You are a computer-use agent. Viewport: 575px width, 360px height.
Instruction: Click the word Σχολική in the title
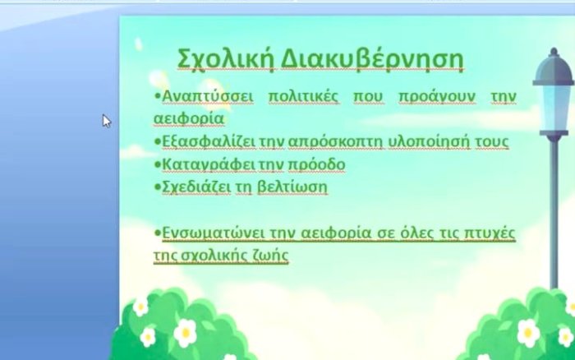pyautogui.click(x=226, y=59)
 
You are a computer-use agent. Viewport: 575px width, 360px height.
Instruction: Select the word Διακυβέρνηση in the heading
pyautogui.click(x=372, y=59)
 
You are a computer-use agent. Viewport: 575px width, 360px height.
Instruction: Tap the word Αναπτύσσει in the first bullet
pyautogui.click(x=208, y=97)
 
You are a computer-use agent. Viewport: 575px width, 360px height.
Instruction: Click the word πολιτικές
pyautogui.click(x=304, y=97)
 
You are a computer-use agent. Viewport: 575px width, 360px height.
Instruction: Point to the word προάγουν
pyautogui.click(x=437, y=98)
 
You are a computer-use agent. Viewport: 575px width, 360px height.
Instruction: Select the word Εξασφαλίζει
pyautogui.click(x=209, y=142)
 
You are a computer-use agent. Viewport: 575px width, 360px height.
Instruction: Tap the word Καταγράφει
pyautogui.click(x=209, y=165)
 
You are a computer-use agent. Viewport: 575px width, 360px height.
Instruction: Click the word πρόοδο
pyautogui.click(x=316, y=165)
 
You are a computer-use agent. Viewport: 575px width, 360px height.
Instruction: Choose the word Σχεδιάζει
pyautogui.click(x=196, y=187)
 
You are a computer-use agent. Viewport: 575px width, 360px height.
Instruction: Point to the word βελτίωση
pyautogui.click(x=292, y=187)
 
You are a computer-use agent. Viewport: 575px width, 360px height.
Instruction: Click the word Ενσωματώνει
pyautogui.click(x=214, y=233)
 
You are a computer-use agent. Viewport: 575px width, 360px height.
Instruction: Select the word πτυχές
pyautogui.click(x=490, y=234)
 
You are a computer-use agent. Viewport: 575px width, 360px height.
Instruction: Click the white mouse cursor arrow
pyautogui.click(x=107, y=121)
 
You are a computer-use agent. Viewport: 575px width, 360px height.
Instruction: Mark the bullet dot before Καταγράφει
pyautogui.click(x=158, y=164)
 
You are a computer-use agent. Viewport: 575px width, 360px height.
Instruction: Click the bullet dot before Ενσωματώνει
pyautogui.click(x=158, y=233)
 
